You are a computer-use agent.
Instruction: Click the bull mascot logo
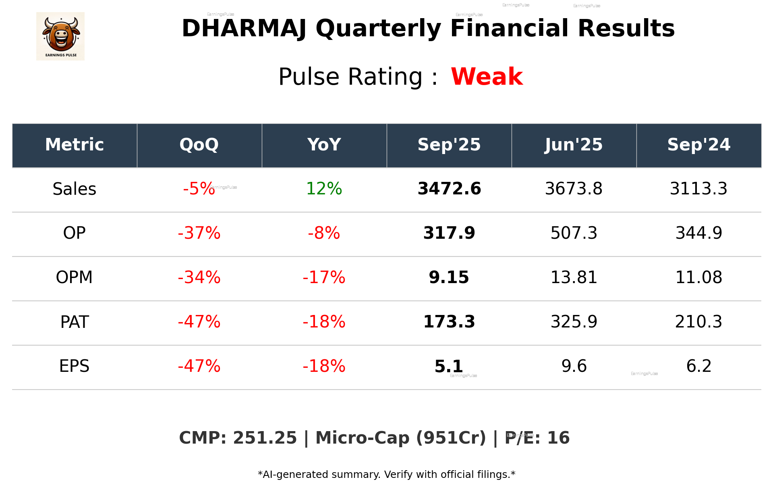pyautogui.click(x=60, y=36)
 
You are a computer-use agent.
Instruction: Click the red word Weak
pyautogui.click(x=487, y=77)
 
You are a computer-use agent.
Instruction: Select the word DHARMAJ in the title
pyautogui.click(x=244, y=29)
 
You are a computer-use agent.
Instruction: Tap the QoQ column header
pyautogui.click(x=199, y=145)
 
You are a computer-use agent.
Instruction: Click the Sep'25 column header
pyautogui.click(x=449, y=145)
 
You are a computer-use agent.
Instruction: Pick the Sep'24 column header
pyautogui.click(x=698, y=145)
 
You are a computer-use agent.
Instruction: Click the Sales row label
pyautogui.click(x=75, y=189)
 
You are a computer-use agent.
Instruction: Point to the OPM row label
pyautogui.click(x=75, y=277)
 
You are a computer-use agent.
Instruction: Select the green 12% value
pyautogui.click(x=324, y=189)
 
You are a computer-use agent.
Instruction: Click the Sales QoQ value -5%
pyautogui.click(x=198, y=189)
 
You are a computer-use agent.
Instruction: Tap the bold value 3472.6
pyautogui.click(x=449, y=189)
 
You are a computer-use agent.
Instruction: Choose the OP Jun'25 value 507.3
pyautogui.click(x=574, y=233)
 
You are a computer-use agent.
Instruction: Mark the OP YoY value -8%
pyautogui.click(x=324, y=233)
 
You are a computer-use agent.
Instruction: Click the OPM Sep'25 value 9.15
pyautogui.click(x=449, y=277)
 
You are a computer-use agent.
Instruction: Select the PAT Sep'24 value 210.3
pyautogui.click(x=698, y=322)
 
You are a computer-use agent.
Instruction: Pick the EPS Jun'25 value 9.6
pyautogui.click(x=574, y=366)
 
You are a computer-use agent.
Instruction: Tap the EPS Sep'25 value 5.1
pyautogui.click(x=448, y=366)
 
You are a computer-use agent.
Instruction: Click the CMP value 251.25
pyautogui.click(x=265, y=438)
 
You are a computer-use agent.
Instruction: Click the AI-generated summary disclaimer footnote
pyautogui.click(x=386, y=475)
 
